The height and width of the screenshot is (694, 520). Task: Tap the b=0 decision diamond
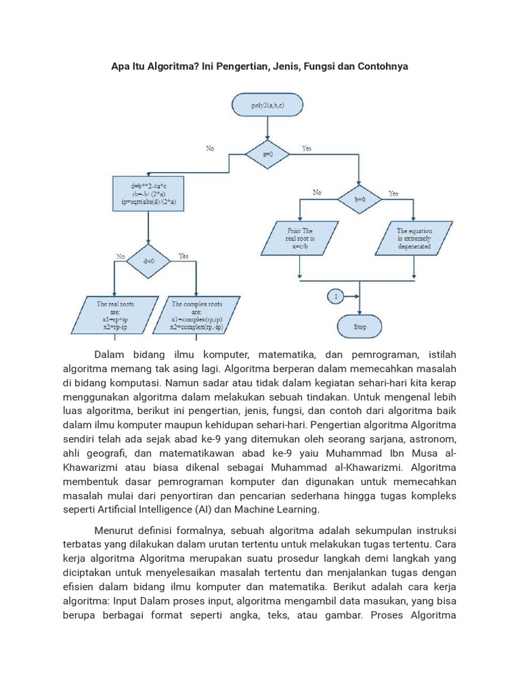pyautogui.click(x=359, y=199)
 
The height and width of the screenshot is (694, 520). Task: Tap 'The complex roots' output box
pyautogui.click(x=196, y=315)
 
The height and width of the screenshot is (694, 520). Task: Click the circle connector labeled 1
pyautogui.click(x=335, y=296)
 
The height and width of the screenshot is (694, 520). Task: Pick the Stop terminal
pyautogui.click(x=360, y=327)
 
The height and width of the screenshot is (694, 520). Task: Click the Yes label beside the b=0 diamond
pyautogui.click(x=393, y=193)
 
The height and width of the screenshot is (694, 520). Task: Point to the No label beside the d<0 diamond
pyautogui.click(x=121, y=256)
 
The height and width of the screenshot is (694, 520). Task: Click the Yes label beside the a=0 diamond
pyautogui.click(x=307, y=148)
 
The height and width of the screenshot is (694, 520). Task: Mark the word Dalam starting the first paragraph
pyautogui.click(x=110, y=354)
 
